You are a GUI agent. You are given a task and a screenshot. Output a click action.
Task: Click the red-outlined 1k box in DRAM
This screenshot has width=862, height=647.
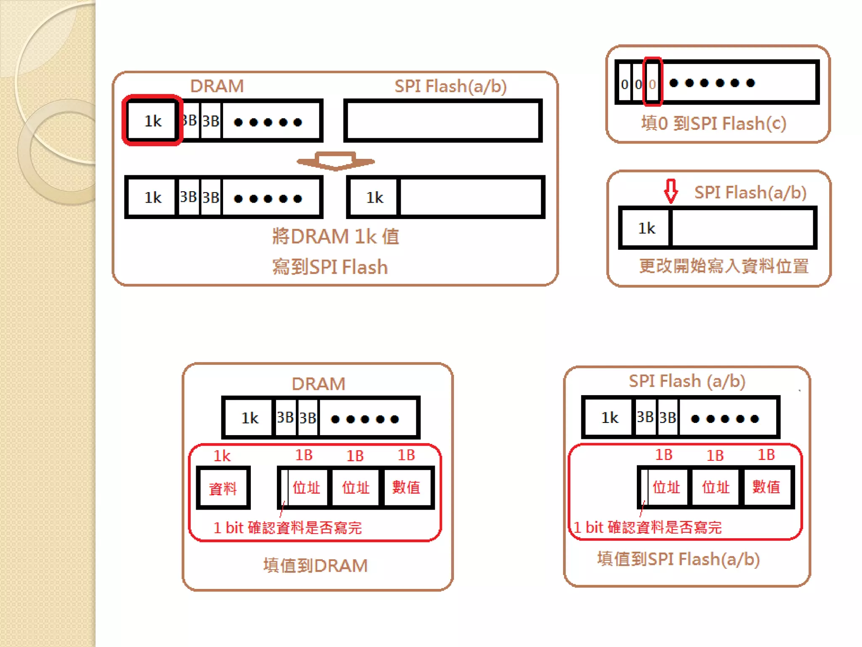tap(152, 121)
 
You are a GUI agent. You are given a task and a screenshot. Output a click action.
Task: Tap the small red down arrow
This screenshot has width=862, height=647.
tap(670, 191)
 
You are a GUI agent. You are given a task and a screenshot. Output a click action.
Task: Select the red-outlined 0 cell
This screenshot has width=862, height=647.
tap(652, 83)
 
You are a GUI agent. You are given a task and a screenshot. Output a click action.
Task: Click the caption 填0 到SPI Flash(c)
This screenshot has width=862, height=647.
tap(714, 124)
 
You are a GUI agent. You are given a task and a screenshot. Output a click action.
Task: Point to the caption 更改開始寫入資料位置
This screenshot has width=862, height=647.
tap(724, 266)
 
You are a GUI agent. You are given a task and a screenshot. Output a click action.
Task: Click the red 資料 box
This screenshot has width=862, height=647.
tap(223, 488)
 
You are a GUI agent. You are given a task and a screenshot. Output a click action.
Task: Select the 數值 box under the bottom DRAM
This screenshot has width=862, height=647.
tap(406, 487)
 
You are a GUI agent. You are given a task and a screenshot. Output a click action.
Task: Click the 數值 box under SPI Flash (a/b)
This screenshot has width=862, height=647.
tap(766, 487)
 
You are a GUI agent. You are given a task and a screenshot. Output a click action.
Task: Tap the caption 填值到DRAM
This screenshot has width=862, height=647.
tap(316, 566)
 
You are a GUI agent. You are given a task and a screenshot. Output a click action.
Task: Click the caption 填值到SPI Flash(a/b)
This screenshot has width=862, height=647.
tap(678, 559)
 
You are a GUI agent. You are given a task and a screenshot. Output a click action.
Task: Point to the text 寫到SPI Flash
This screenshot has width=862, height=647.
tap(330, 267)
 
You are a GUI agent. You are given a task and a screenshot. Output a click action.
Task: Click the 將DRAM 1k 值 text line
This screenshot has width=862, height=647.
tap(335, 236)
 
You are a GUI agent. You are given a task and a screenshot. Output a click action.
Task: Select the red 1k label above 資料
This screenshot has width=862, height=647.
tap(222, 456)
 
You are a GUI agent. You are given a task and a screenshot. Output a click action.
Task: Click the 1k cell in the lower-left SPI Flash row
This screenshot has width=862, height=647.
tap(375, 198)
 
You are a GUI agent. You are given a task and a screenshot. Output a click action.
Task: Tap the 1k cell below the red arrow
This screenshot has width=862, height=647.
tap(646, 228)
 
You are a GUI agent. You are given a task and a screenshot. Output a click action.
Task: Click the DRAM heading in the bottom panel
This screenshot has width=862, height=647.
tap(319, 384)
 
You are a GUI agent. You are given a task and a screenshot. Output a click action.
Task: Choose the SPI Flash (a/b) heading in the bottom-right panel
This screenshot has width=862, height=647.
tap(687, 381)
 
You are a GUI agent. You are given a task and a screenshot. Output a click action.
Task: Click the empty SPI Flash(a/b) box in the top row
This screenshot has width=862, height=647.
tap(443, 121)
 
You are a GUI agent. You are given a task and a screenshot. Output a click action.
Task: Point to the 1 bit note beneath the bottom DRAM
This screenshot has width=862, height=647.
tap(288, 528)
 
